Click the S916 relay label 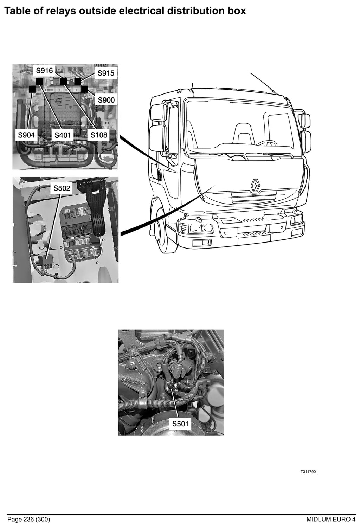tap(44, 70)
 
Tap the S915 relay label tap(106, 73)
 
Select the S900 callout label tap(106, 100)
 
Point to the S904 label tap(26, 135)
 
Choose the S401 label tap(63, 135)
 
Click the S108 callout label tap(99, 135)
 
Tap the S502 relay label tap(62, 188)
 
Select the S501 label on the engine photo tap(180, 424)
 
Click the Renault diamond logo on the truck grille tap(255, 185)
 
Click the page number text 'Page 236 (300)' tap(29, 519)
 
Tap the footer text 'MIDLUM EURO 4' tap(331, 519)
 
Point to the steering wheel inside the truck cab tap(266, 143)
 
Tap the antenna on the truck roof tap(264, 83)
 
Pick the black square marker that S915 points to tap(78, 81)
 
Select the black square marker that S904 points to tap(32, 89)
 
